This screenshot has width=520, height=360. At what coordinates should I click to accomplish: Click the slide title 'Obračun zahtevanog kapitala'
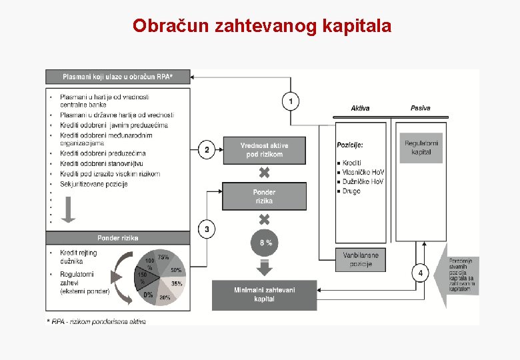(262, 26)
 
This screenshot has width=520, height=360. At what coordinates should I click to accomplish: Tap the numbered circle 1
(291, 101)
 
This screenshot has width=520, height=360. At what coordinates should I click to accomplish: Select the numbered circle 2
(207, 149)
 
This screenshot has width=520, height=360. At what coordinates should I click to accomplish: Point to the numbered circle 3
(207, 229)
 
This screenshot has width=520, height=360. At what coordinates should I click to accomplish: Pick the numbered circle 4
(420, 273)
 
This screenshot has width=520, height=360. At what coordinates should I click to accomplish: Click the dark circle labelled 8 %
(265, 243)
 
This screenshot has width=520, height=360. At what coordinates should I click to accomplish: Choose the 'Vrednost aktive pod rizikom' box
(264, 150)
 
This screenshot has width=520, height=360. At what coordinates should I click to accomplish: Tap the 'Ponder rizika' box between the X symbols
(264, 196)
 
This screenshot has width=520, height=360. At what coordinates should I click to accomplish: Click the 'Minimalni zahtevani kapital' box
(264, 294)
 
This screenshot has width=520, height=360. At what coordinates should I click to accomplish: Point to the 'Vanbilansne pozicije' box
(360, 259)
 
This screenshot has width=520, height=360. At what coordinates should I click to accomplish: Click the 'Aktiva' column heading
(360, 108)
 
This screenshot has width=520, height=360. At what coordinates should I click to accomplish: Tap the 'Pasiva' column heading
(420, 108)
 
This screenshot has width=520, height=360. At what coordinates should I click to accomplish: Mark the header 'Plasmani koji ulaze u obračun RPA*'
(117, 77)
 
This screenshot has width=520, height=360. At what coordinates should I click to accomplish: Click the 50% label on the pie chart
(176, 270)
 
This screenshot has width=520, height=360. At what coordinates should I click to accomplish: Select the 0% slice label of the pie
(147, 294)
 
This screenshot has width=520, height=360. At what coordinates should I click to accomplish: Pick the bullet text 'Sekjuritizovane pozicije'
(93, 184)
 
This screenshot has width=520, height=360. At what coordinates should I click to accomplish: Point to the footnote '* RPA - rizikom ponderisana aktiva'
(96, 321)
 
